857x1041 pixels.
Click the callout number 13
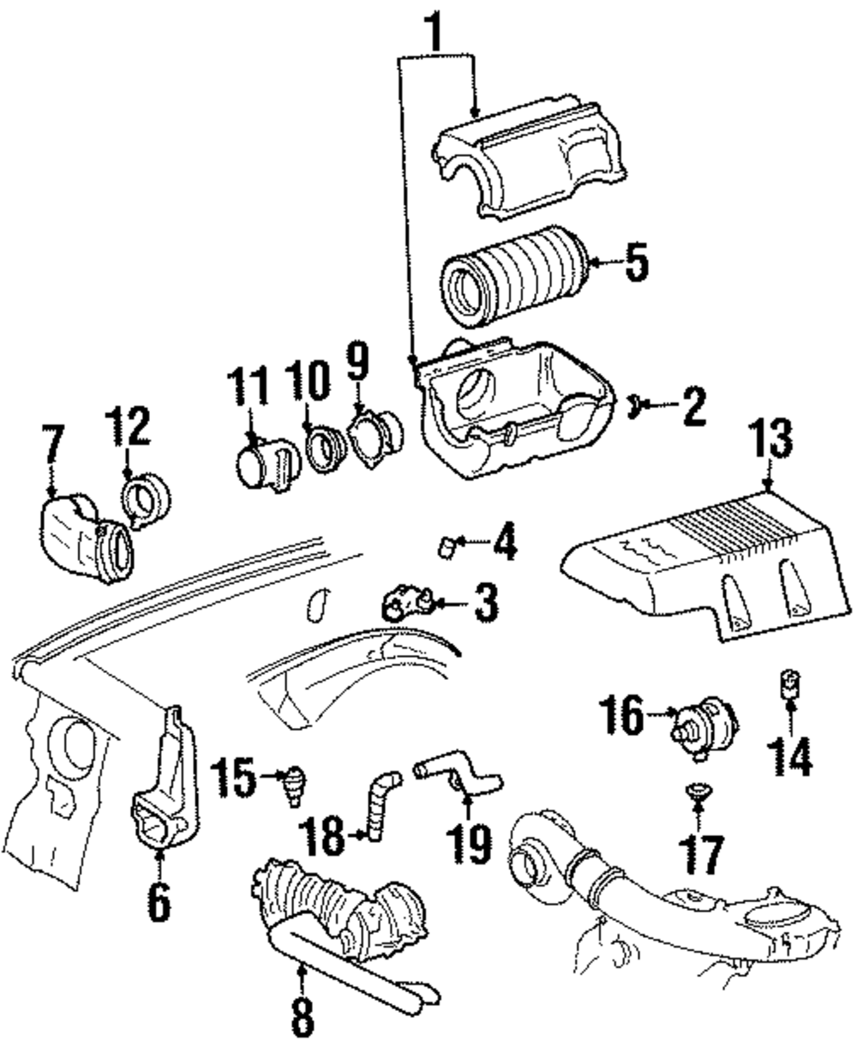coord(772,438)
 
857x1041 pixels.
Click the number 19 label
coord(469,843)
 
